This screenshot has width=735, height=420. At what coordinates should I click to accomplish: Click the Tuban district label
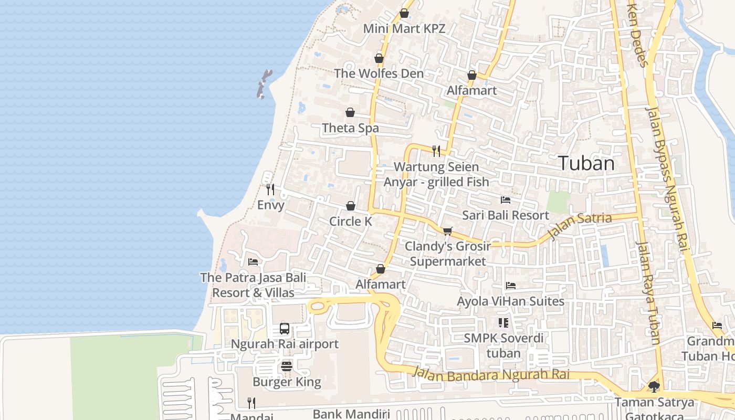tap(586, 163)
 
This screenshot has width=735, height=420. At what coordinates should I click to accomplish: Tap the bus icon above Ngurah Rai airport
tap(285, 329)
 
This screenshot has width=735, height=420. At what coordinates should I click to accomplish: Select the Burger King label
tap(287, 382)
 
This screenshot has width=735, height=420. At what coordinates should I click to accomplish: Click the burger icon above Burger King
tap(287, 366)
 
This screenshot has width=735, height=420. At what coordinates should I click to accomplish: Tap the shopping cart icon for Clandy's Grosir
tap(448, 231)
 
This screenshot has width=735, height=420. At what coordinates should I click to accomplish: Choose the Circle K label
tap(351, 222)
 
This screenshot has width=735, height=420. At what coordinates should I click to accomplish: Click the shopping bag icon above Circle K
tap(351, 206)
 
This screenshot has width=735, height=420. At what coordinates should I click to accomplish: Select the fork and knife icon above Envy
tap(270, 189)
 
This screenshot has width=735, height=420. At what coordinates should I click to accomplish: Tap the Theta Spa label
tap(350, 128)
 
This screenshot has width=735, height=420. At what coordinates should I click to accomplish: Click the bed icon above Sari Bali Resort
tap(506, 200)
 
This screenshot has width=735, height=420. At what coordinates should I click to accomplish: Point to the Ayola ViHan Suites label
tap(510, 301)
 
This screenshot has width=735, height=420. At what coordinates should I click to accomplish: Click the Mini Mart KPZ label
tap(404, 28)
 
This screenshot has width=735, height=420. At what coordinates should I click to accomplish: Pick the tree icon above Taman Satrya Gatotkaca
tap(654, 387)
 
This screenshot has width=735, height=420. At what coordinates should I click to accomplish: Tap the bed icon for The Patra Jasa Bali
tap(253, 262)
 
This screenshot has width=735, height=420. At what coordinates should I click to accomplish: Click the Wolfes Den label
tap(379, 73)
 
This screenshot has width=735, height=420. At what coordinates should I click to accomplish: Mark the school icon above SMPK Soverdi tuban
tap(503, 323)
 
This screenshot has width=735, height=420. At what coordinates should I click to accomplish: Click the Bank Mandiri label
tap(350, 414)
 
